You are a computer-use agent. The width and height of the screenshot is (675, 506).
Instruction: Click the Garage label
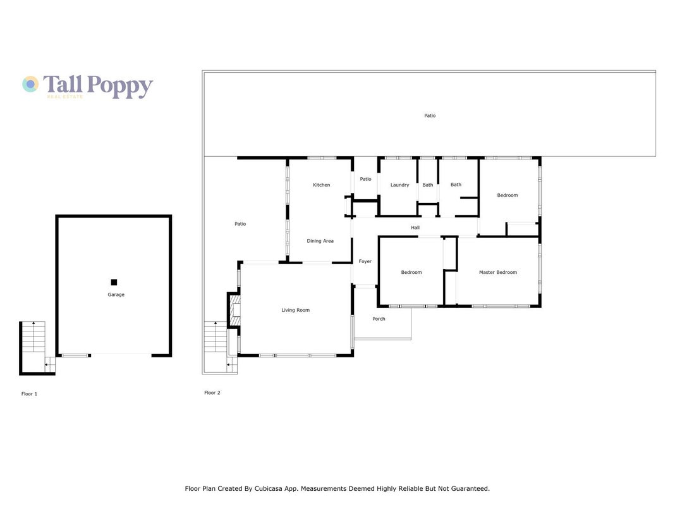116,295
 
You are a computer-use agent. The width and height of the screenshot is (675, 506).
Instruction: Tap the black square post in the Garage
114,283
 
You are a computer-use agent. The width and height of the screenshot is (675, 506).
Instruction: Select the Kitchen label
321,185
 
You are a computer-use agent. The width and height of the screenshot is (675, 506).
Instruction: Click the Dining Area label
320,241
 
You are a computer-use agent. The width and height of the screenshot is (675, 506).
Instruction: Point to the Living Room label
295,310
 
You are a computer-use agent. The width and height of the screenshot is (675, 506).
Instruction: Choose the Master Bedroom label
498,272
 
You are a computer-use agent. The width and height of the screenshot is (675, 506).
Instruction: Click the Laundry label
399,185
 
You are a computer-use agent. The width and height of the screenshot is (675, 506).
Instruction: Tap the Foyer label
365,261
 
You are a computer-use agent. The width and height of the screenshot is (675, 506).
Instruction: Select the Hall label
415,227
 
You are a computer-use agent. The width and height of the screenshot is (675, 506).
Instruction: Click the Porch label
379,319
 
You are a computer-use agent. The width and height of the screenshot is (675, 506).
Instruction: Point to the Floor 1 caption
29,393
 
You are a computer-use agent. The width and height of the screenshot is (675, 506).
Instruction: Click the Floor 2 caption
212,393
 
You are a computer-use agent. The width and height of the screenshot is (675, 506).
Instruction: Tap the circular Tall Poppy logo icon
30,84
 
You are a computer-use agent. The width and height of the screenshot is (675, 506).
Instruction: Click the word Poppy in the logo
119,86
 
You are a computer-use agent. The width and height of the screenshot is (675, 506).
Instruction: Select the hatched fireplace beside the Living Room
234,310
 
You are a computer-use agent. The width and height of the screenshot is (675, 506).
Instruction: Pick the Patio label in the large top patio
430,115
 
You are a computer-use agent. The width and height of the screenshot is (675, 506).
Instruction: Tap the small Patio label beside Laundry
365,179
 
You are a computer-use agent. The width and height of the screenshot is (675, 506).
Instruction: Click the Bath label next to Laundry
427,185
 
